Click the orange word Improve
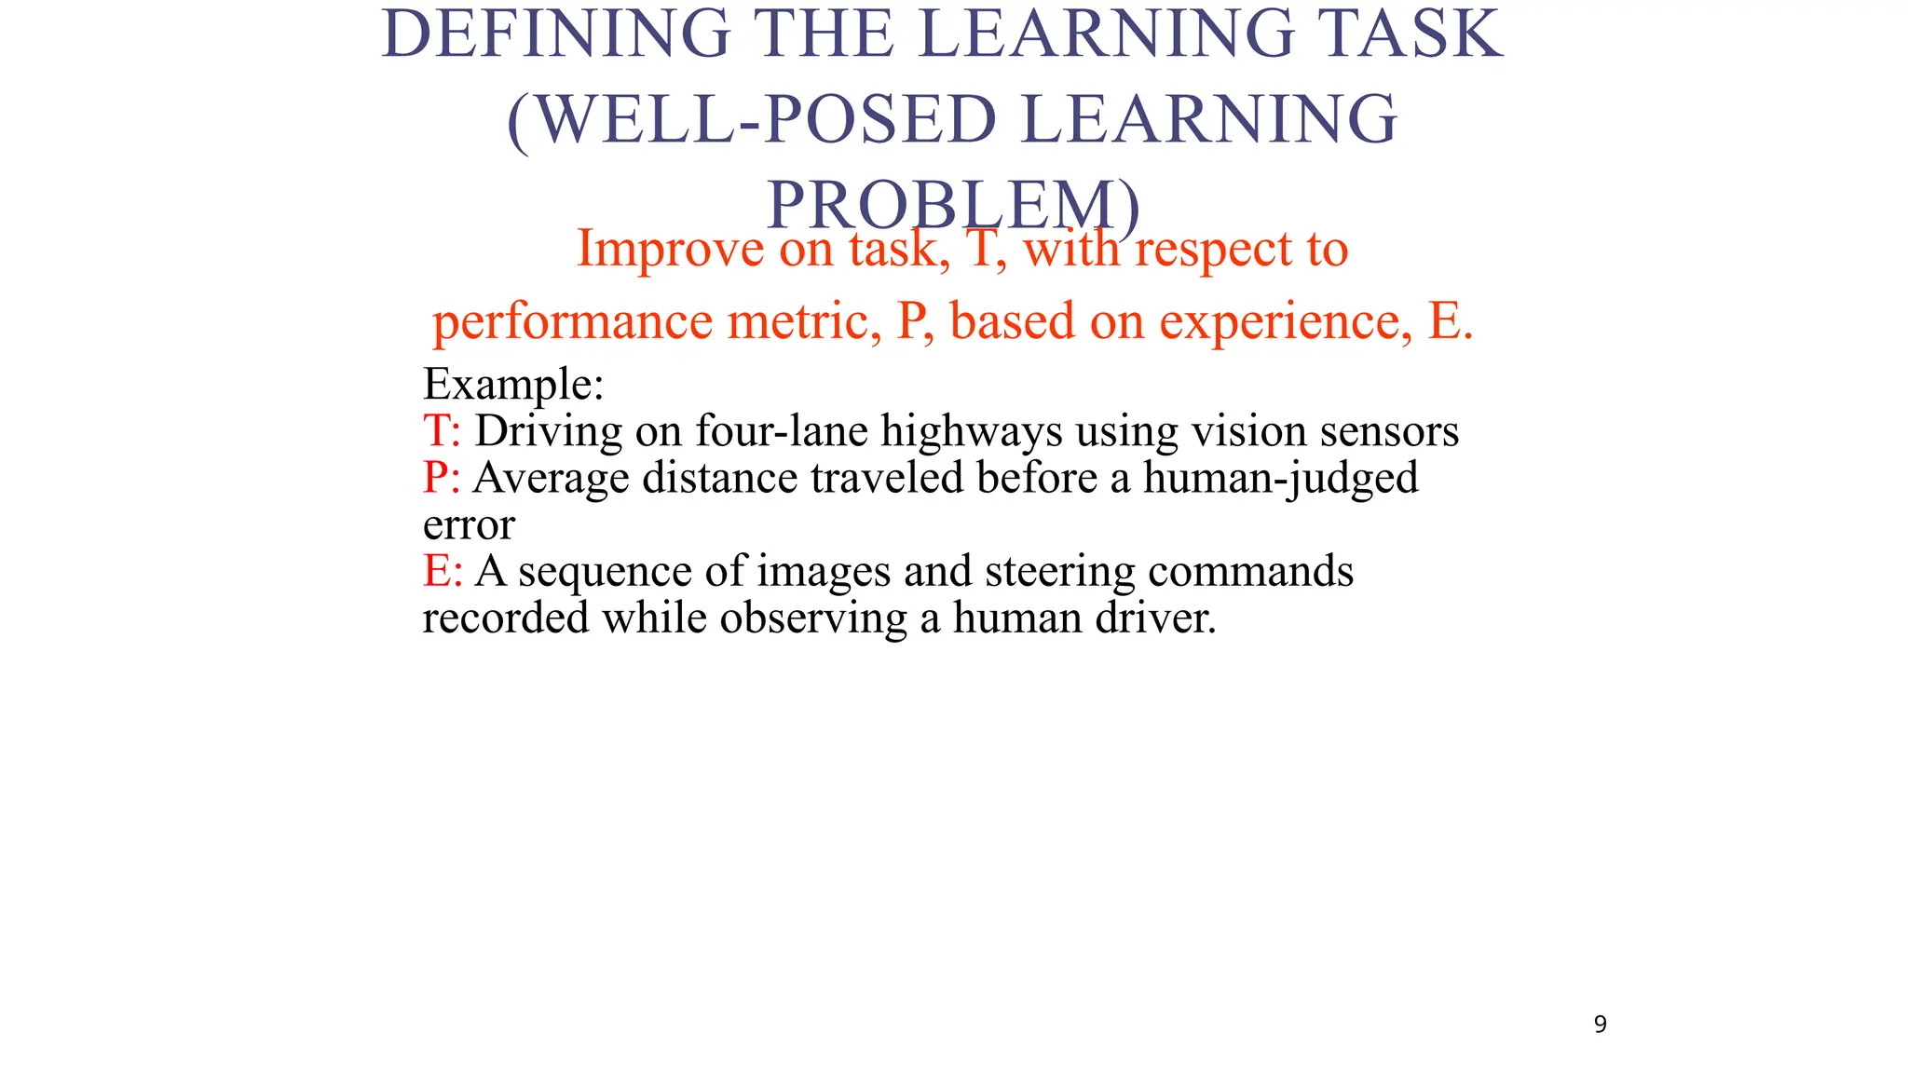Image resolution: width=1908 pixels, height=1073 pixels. (669, 249)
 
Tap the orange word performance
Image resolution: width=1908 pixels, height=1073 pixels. (572, 321)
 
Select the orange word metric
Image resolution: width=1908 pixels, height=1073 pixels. (804, 321)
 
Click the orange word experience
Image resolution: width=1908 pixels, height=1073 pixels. (1280, 321)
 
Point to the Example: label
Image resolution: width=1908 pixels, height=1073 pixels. (513, 384)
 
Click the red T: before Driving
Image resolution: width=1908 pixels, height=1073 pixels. (442, 430)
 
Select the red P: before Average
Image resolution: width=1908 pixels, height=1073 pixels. (442, 477)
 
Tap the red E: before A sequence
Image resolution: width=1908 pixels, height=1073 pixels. (443, 570)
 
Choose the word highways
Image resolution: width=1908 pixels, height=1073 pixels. (972, 430)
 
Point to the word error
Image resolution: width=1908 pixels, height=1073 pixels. (469, 524)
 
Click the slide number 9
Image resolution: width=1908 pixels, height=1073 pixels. (1601, 1025)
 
